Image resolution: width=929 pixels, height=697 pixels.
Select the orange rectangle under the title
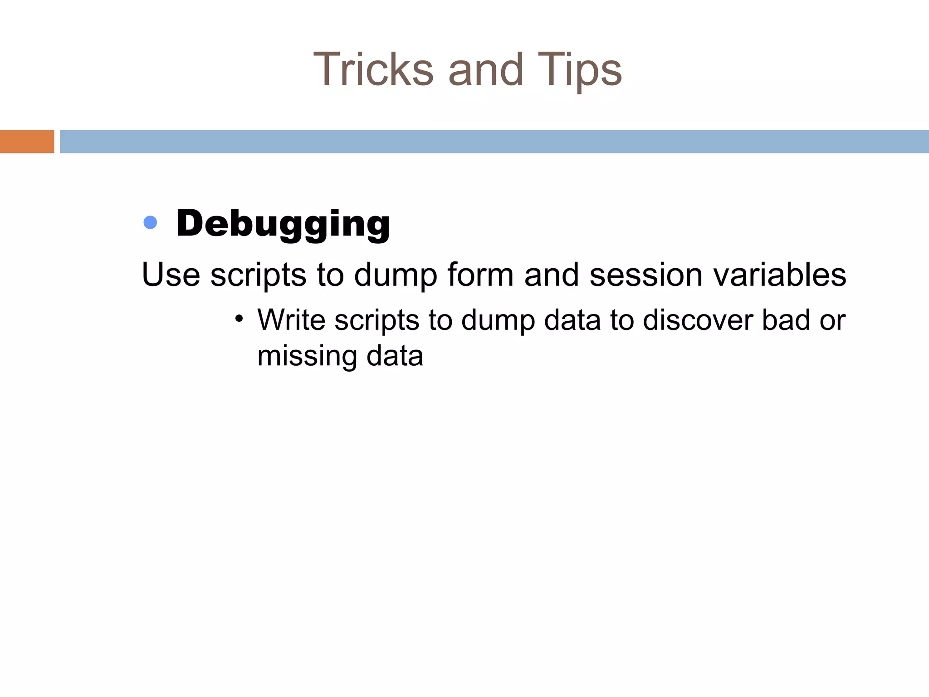(27, 142)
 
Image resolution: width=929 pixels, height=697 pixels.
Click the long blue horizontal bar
(494, 142)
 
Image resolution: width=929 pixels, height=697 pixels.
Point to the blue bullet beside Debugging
(150, 222)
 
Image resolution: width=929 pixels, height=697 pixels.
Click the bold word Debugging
(283, 223)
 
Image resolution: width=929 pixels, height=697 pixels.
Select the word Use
(171, 275)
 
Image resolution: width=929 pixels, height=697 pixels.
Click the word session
(646, 275)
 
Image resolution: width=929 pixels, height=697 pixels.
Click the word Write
(291, 320)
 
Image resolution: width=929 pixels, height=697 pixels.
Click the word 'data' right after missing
(395, 356)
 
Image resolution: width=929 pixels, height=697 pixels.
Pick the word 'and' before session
(552, 275)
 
